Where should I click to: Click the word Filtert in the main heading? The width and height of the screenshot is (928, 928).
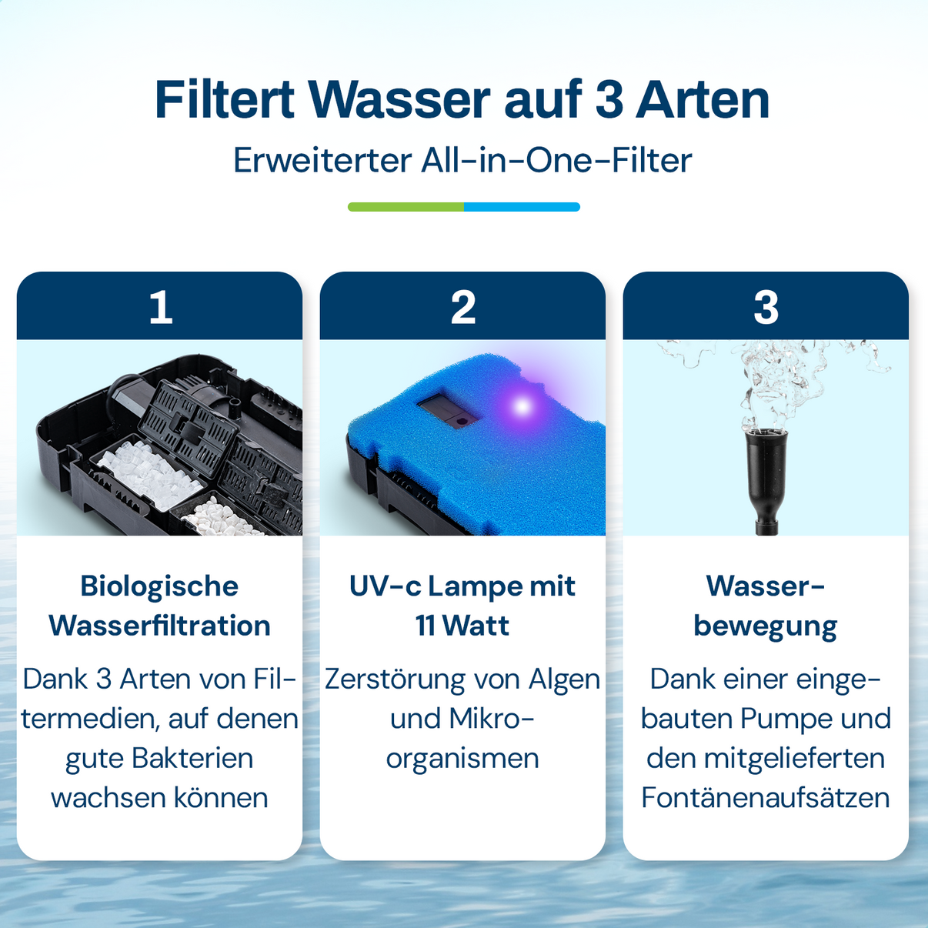pos(225,100)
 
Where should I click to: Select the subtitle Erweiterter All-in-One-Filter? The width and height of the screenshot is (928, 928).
pos(462,160)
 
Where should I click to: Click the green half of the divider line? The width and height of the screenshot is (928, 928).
pos(406,207)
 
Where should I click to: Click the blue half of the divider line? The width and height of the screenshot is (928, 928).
pos(522,207)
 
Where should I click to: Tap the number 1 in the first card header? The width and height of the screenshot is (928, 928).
pos(161,307)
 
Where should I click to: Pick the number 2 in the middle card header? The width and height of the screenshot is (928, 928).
pos(463,307)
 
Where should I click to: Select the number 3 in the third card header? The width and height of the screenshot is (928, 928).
pos(766,307)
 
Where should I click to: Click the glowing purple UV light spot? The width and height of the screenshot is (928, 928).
pos(522,406)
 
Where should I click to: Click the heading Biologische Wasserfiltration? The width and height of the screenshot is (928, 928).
pos(159,606)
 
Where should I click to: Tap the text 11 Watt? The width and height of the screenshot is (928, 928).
pos(462,626)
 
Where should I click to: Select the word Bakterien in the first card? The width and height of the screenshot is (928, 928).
pos(192,759)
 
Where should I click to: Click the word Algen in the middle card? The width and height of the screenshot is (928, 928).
pos(564,680)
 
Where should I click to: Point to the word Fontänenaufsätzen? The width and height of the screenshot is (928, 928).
pos(766,798)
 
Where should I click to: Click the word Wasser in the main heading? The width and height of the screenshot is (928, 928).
pos(399,100)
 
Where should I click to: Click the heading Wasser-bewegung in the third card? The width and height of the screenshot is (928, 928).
pos(766,606)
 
